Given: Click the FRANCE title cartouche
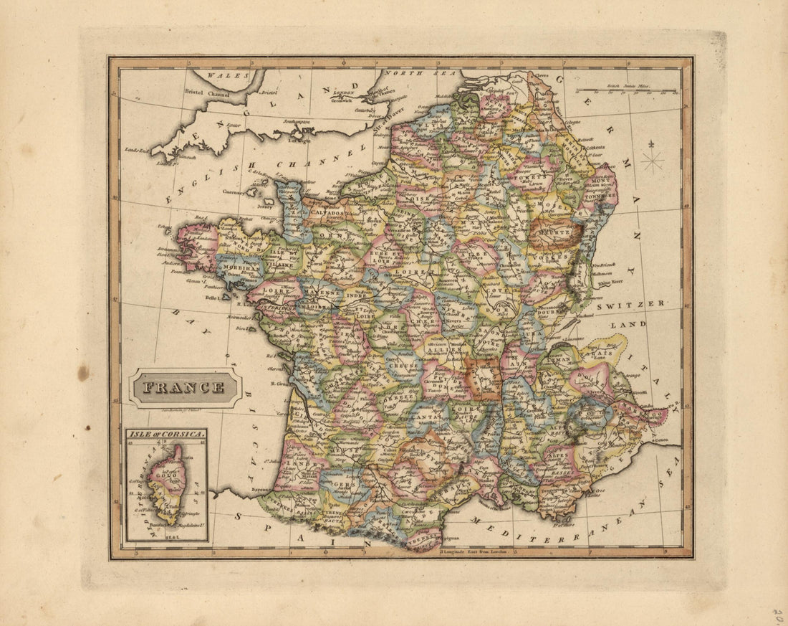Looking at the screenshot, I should (x=183, y=388).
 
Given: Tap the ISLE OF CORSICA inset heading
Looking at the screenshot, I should (x=166, y=435).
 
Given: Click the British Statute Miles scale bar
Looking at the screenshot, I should (x=627, y=91).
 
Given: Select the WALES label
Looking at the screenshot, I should (x=224, y=75).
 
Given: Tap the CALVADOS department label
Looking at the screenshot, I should (x=328, y=213).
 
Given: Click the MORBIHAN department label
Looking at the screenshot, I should (x=238, y=267).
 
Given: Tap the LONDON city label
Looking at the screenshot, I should (x=345, y=93).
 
